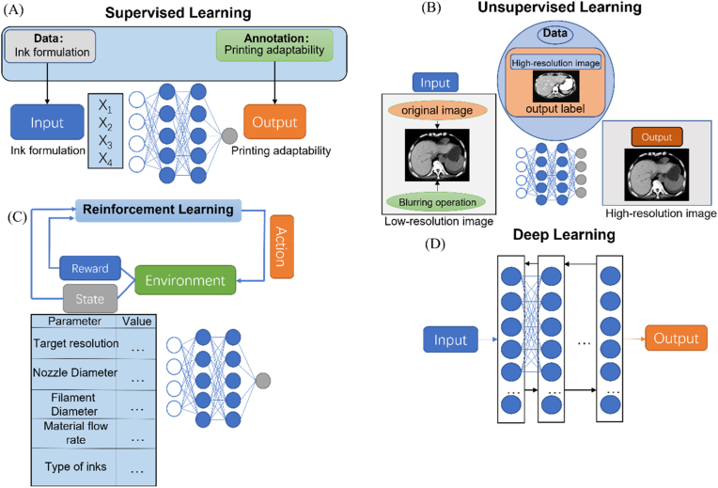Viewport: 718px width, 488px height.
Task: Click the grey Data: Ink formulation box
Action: point(50,46)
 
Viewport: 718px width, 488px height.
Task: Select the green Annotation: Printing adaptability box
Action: point(274,45)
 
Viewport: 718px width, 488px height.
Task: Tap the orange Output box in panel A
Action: point(274,122)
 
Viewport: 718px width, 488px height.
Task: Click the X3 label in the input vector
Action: point(105,142)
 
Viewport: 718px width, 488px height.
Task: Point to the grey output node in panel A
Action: point(229,135)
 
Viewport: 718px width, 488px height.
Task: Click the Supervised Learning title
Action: point(179,13)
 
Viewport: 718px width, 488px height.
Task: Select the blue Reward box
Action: point(90,268)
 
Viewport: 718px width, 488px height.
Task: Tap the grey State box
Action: point(90,299)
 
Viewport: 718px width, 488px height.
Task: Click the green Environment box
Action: point(185,280)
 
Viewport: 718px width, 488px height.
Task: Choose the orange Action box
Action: point(282,246)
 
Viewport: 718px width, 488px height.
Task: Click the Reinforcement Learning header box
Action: point(159,211)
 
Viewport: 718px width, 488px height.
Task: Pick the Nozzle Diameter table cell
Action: point(74,373)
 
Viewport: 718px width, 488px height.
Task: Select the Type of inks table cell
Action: point(75,467)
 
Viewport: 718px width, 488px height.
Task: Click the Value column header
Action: point(136,322)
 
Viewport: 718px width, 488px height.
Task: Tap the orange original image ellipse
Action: point(437,110)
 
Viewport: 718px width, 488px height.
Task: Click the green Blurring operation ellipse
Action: point(437,202)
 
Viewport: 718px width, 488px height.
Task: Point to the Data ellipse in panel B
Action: point(555,34)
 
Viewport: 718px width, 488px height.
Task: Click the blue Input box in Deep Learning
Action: point(450,339)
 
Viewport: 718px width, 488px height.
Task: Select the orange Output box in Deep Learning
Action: point(676,338)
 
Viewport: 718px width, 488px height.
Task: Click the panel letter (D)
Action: point(434,244)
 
